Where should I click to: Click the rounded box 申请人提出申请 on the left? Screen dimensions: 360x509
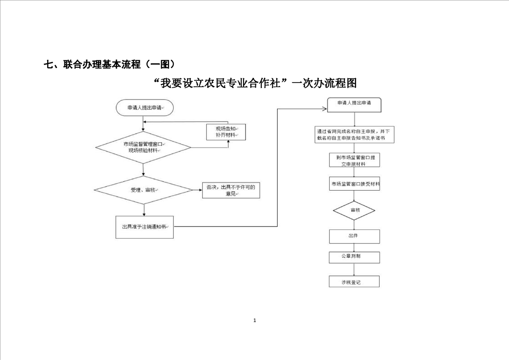(x=144, y=108)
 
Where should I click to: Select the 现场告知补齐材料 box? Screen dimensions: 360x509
(x=226, y=132)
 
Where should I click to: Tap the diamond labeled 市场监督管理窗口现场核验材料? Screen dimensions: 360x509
(x=143, y=147)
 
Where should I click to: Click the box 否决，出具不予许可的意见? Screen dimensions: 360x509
(x=231, y=191)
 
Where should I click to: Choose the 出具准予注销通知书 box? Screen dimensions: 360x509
(x=144, y=227)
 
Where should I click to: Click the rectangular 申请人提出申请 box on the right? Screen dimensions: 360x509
(x=354, y=104)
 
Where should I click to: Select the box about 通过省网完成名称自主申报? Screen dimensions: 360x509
(x=354, y=134)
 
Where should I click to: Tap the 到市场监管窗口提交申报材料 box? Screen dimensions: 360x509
(x=354, y=160)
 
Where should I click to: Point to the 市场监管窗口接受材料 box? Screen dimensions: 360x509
(x=354, y=184)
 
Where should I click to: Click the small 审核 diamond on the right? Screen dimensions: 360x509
(x=354, y=211)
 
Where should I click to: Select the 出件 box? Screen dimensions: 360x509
(x=354, y=236)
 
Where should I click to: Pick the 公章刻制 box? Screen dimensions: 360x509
(x=354, y=257)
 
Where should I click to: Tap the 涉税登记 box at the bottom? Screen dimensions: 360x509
(x=354, y=282)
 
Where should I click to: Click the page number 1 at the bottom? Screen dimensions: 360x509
(x=254, y=321)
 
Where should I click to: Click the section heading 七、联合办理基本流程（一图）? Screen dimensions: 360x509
(x=109, y=64)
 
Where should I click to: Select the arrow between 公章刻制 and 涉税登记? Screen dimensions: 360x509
(x=354, y=269)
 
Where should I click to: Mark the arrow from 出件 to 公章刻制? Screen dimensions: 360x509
(x=354, y=247)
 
